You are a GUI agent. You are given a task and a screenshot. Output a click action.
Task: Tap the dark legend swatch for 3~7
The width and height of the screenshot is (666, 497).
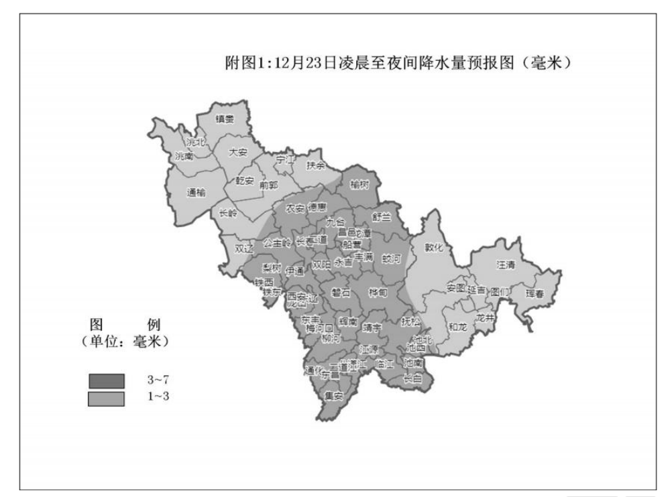click(x=107, y=380)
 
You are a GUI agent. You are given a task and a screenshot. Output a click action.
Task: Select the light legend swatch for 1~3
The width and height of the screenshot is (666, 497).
click(x=107, y=398)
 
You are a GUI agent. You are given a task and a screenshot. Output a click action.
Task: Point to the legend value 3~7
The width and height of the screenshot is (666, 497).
click(x=158, y=380)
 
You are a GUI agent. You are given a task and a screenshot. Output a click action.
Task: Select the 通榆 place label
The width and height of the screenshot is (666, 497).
click(x=197, y=192)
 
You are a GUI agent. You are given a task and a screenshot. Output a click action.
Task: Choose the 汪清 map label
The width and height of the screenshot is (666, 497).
click(x=506, y=265)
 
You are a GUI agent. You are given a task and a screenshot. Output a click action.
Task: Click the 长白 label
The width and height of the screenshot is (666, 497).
click(x=412, y=378)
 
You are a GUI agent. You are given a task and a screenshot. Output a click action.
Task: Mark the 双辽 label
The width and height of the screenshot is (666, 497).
click(x=244, y=247)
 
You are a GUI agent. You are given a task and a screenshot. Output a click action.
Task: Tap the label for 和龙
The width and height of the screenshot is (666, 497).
click(x=458, y=327)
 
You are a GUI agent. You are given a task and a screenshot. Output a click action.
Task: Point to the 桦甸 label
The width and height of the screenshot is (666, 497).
click(x=378, y=292)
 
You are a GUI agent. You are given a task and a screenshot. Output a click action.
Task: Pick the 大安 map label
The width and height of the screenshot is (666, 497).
click(x=238, y=152)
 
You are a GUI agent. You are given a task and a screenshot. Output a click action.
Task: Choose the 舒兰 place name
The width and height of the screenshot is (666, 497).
click(x=381, y=216)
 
